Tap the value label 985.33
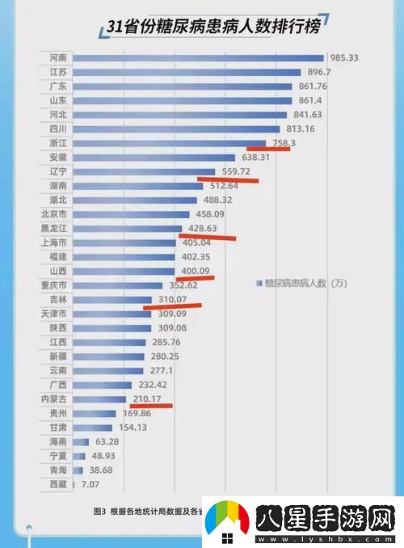[x=346, y=57]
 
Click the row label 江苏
[x=57, y=72]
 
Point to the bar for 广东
[x=177, y=86]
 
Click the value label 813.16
[x=301, y=129]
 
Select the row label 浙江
[x=57, y=143]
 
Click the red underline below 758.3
[x=268, y=149]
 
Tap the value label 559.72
[x=236, y=172]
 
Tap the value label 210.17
[x=147, y=398]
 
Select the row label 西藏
[x=57, y=484]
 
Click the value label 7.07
[x=88, y=484]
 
